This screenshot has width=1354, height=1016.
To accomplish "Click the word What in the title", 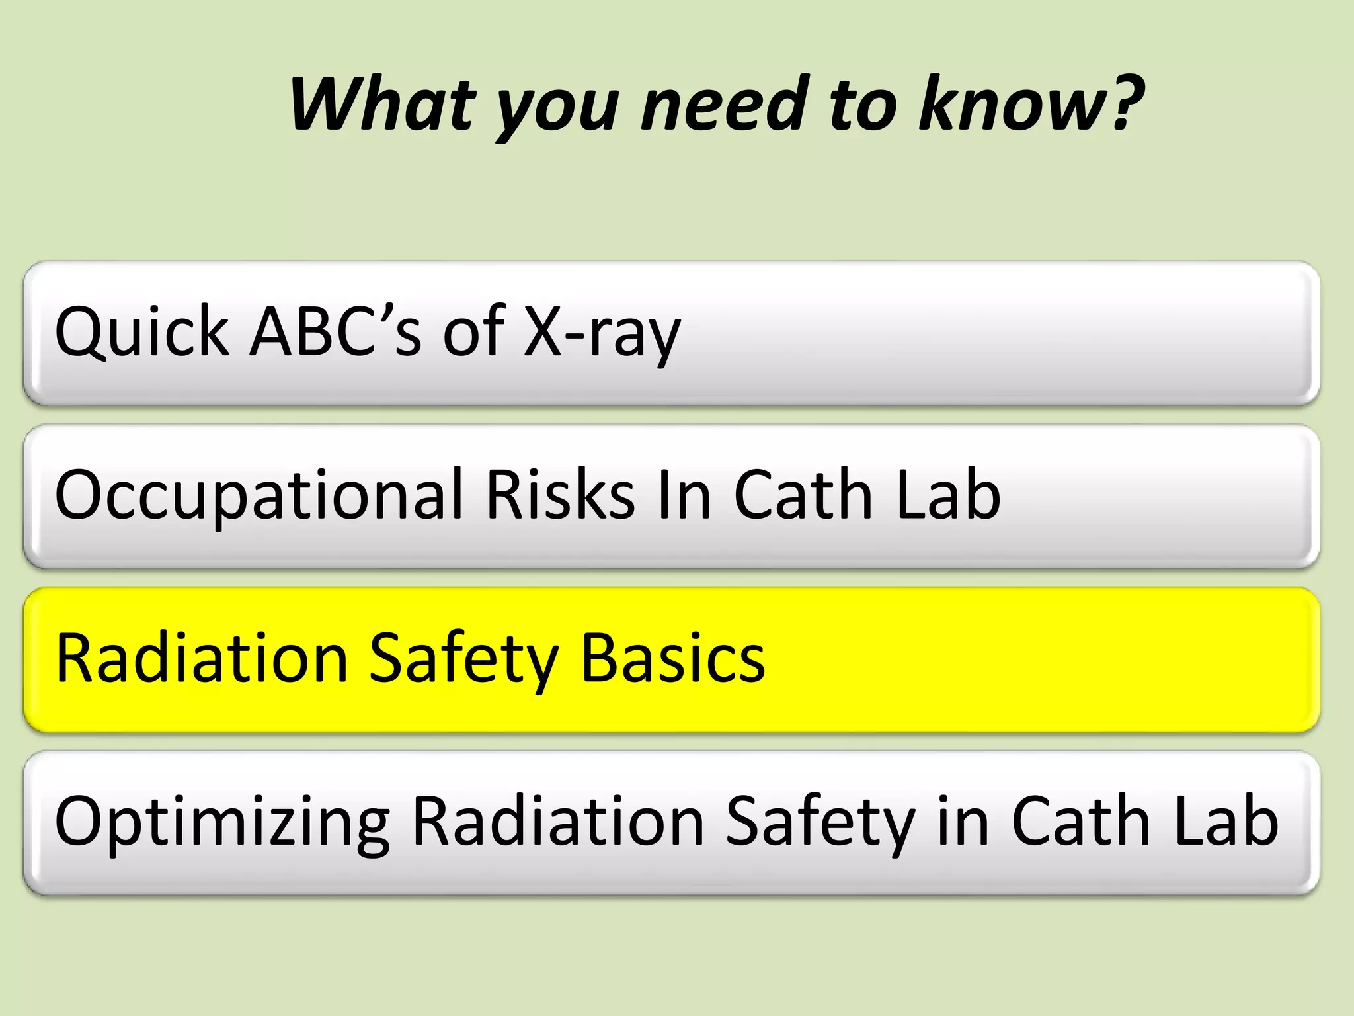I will pyautogui.click(x=382, y=104).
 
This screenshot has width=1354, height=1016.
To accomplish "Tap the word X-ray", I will pyautogui.click(x=602, y=333).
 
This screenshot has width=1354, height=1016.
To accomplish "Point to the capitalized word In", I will pyautogui.click(x=684, y=495).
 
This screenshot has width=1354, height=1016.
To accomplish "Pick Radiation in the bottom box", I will pyautogui.click(x=559, y=821).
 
